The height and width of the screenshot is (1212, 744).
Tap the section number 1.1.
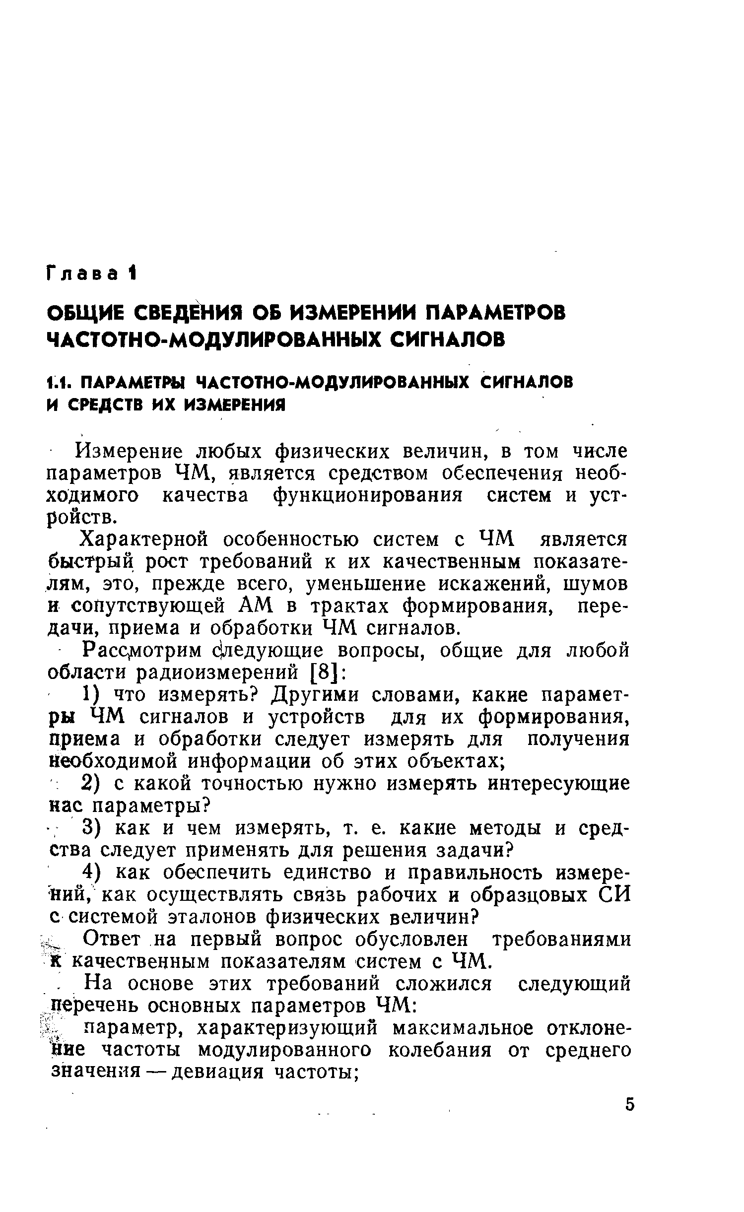(60, 383)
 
